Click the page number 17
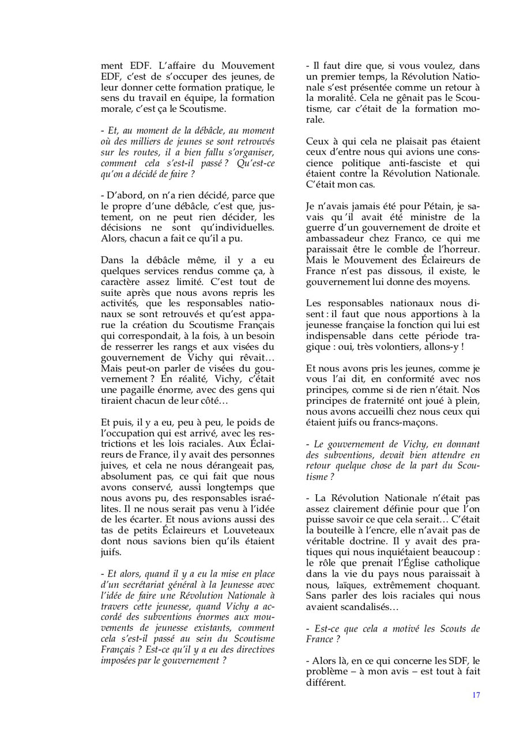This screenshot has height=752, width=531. point(476,695)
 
